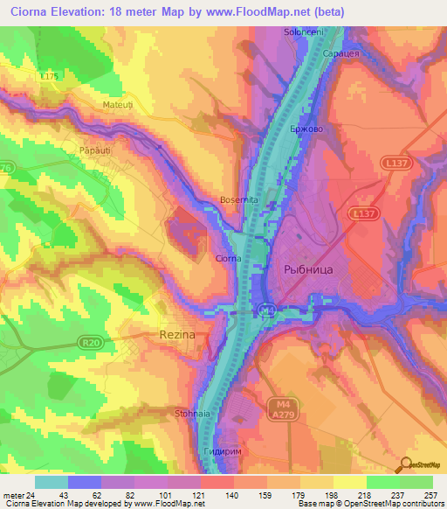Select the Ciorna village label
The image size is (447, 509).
(229, 258)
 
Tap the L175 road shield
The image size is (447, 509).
(50, 77)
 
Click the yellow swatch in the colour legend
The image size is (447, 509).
(349, 482)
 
